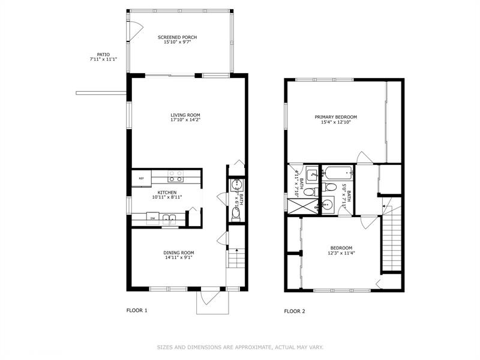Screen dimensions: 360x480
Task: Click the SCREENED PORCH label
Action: pyautogui.click(x=177, y=37)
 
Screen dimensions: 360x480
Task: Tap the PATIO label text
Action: pyautogui.click(x=103, y=54)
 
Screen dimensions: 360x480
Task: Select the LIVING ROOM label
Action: pyautogui.click(x=185, y=115)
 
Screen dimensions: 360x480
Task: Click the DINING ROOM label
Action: pyautogui.click(x=179, y=253)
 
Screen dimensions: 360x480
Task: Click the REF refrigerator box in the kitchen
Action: pyautogui.click(x=142, y=178)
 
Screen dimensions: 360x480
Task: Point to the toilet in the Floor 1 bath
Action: pyautogui.click(x=235, y=213)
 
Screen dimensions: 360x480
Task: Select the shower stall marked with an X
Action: pyautogui.click(x=304, y=206)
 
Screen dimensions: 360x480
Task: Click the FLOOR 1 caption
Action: pyautogui.click(x=136, y=311)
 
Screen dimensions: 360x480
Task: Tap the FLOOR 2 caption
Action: pyautogui.click(x=295, y=311)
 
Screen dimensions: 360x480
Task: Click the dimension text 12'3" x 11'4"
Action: pyautogui.click(x=341, y=253)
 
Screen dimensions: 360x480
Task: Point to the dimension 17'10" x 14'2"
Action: pyautogui.click(x=185, y=120)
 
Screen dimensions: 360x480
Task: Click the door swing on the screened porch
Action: pyautogui.click(x=136, y=27)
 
